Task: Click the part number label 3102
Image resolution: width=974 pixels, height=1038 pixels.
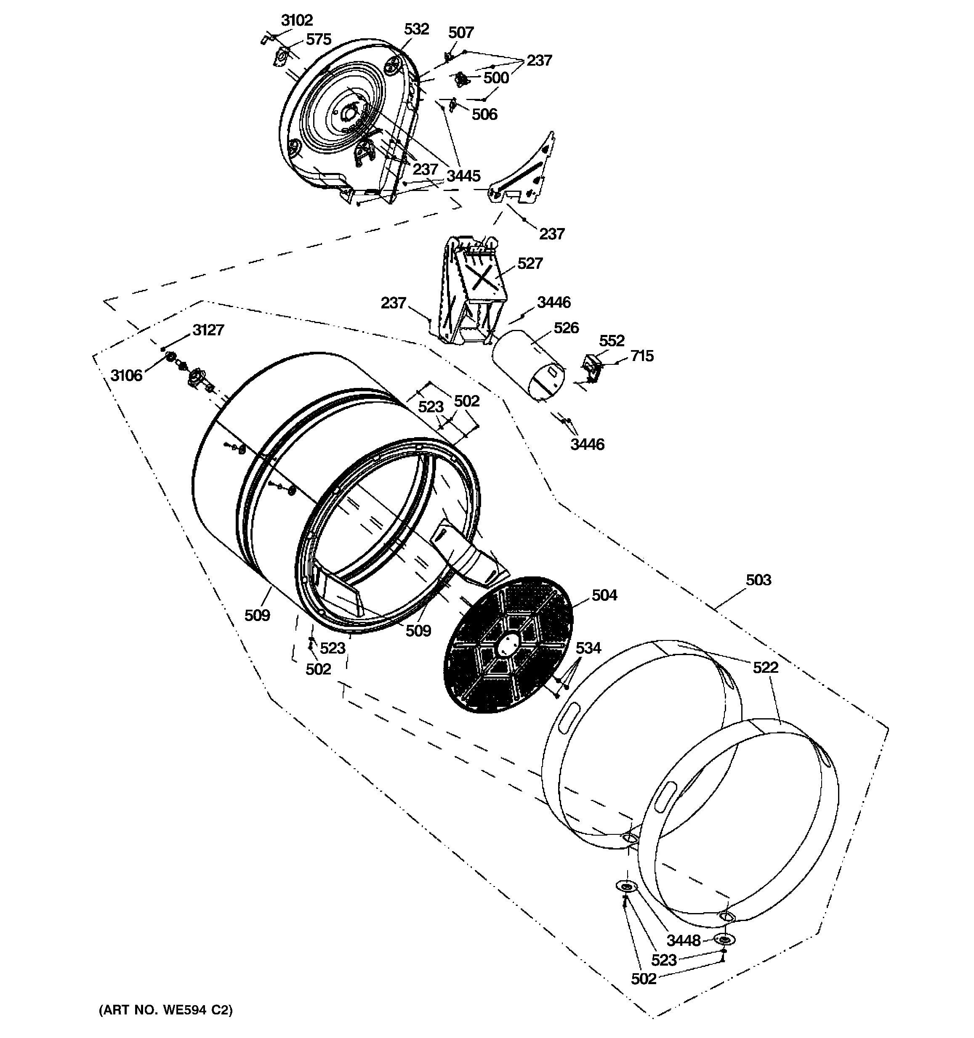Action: [297, 20]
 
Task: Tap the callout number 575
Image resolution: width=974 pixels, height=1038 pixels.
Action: [318, 39]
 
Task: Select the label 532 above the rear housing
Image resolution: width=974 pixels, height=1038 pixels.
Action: [416, 29]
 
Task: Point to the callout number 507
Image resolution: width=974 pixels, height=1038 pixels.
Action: [460, 33]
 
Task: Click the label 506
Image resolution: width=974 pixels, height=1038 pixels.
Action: [484, 114]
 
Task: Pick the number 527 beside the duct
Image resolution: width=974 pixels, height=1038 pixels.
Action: [530, 264]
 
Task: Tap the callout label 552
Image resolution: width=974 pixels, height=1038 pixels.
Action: [612, 341]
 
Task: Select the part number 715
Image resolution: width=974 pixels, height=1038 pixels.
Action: [642, 356]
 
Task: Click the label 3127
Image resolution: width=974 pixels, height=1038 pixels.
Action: [208, 330]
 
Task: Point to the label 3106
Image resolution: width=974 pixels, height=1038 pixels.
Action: [126, 375]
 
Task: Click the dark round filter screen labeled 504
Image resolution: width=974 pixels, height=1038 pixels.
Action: [507, 645]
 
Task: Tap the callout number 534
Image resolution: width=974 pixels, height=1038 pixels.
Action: [588, 648]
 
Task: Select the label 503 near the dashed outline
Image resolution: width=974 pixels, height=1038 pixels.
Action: [758, 580]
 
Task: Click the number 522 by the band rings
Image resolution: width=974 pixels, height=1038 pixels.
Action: [765, 668]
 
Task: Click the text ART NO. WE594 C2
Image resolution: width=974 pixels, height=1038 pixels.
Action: [165, 1010]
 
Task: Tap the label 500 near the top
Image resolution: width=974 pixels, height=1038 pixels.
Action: [495, 78]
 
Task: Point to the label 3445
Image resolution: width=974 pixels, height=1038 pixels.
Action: [463, 176]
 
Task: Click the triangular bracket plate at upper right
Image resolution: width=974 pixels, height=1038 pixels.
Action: [527, 173]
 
